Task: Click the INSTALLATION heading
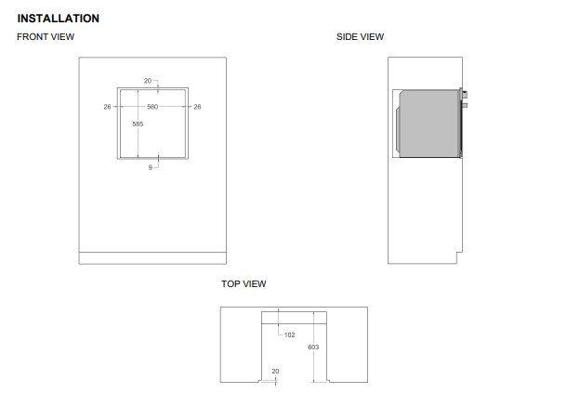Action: (x=58, y=18)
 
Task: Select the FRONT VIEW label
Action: (x=46, y=36)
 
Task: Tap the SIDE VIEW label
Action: (x=360, y=36)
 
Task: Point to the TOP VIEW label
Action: (x=244, y=283)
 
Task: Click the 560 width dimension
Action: (x=152, y=107)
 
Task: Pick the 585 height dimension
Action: (x=138, y=124)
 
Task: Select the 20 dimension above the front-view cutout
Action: (x=148, y=81)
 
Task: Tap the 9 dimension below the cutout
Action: (x=151, y=167)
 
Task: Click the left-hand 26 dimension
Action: (x=107, y=107)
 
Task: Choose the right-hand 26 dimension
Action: (x=197, y=107)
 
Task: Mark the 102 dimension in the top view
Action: (x=290, y=335)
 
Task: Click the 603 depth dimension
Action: (x=313, y=347)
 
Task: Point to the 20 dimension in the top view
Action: (x=275, y=372)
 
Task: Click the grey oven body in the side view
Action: (x=429, y=124)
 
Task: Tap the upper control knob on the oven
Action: (x=465, y=95)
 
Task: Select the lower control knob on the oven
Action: (x=465, y=105)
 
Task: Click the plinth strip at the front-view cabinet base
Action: (x=152, y=258)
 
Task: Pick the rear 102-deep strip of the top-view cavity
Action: (x=294, y=318)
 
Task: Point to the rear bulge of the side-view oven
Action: (x=398, y=129)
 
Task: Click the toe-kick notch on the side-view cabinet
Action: (x=459, y=257)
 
